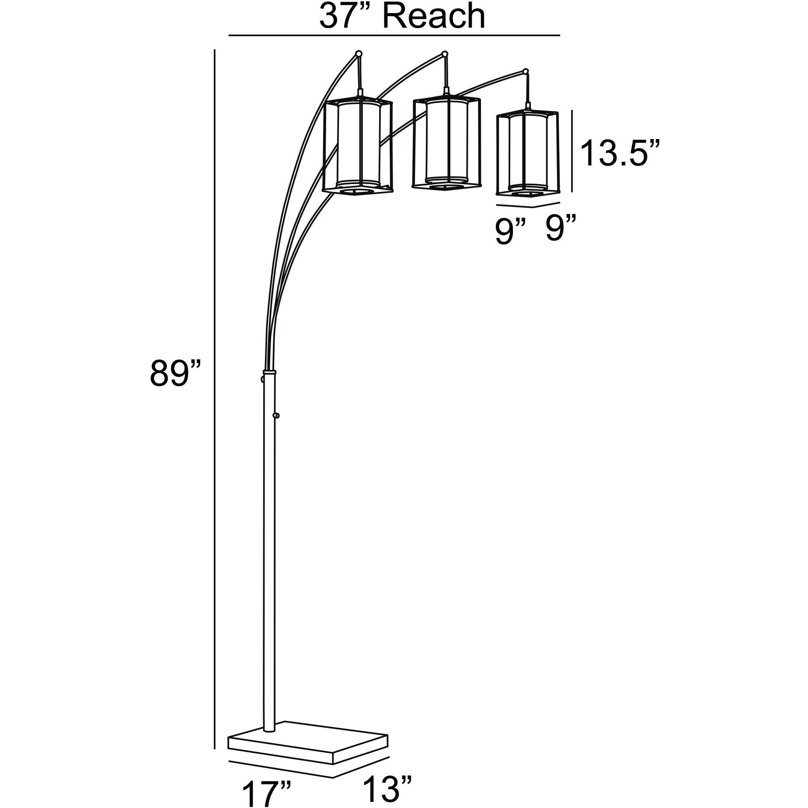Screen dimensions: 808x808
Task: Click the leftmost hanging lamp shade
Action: point(357,146)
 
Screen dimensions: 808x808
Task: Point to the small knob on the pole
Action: point(276,415)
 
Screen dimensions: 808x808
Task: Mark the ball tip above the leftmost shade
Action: point(359,53)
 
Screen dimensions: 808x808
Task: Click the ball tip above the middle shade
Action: point(445,54)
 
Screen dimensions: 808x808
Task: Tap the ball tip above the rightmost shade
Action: point(526,71)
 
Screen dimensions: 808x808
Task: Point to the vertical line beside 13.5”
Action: point(572,151)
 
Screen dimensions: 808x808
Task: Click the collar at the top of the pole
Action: point(269,372)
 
